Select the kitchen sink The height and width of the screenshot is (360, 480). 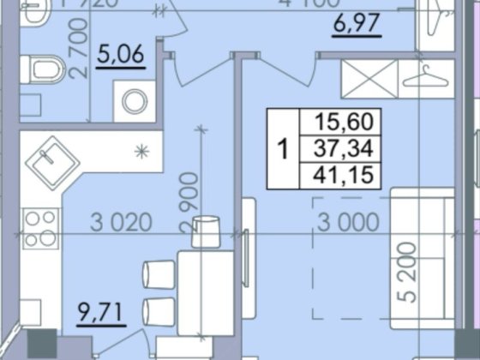point(51,162)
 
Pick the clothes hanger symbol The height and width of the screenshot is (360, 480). point(424,79)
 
